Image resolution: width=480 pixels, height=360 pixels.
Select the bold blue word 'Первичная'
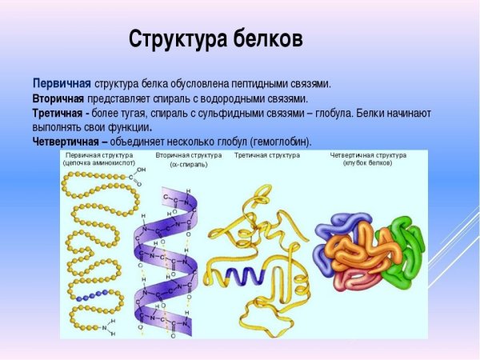[x=62, y=83]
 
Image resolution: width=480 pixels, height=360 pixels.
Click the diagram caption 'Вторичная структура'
[x=189, y=154]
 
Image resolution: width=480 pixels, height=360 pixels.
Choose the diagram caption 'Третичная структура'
[x=266, y=154]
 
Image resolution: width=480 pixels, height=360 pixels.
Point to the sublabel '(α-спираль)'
[x=189, y=164]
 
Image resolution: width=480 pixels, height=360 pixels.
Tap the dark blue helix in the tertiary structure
[x=240, y=275]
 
